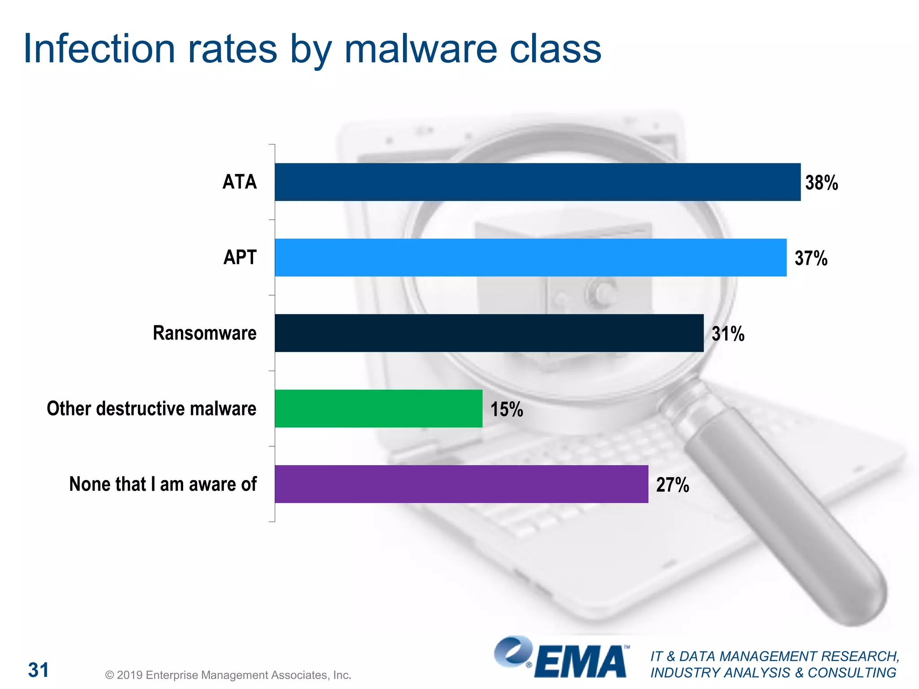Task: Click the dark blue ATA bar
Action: pyautogui.click(x=538, y=182)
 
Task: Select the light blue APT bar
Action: pyautogui.click(x=530, y=257)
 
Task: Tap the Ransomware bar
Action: pyautogui.click(x=489, y=333)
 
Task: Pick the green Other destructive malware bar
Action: pyautogui.click(x=378, y=408)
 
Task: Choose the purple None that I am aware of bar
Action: pyautogui.click(x=461, y=484)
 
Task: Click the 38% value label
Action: pyautogui.click(x=821, y=183)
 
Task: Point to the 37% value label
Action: pyautogui.click(x=811, y=258)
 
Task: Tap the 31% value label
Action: pyautogui.click(x=728, y=334)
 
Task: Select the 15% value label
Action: pyautogui.click(x=507, y=410)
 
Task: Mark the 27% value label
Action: pyautogui.click(x=672, y=485)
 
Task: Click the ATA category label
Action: pyautogui.click(x=240, y=182)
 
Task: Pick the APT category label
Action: pyautogui.click(x=240, y=257)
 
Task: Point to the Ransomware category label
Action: pyautogui.click(x=205, y=333)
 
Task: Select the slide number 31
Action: pyautogui.click(x=39, y=670)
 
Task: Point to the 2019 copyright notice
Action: pyautogui.click(x=228, y=675)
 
